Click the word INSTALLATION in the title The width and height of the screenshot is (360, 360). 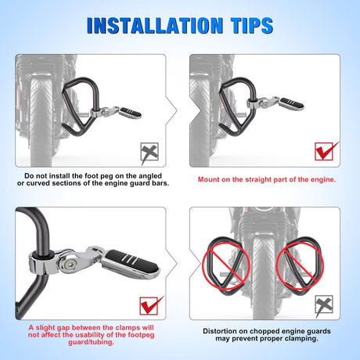(155, 26)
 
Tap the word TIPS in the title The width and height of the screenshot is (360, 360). (252, 26)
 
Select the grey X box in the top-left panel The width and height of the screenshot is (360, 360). (149, 152)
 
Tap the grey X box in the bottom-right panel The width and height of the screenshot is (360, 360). (324, 304)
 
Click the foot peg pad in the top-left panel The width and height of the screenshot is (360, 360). (131, 113)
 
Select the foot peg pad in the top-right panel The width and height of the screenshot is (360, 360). (292, 103)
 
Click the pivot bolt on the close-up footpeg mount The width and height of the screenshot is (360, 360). (69, 265)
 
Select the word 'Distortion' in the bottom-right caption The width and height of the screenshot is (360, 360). (220, 331)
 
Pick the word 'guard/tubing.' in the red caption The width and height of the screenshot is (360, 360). (92, 342)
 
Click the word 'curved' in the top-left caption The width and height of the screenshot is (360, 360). (38, 183)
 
